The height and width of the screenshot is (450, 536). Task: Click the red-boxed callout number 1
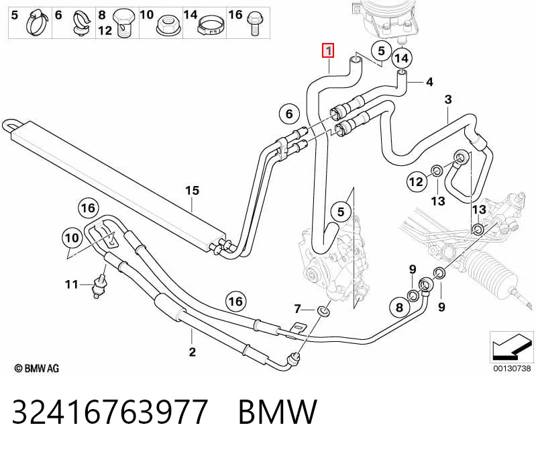pos(328,51)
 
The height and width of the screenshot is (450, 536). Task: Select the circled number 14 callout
pos(402,58)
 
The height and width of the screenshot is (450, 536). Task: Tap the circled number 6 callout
pos(289,114)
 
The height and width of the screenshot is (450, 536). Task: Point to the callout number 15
pos(192,191)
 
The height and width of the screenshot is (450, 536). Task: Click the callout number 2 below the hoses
pos(192,351)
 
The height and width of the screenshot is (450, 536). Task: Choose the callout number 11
pos(72,284)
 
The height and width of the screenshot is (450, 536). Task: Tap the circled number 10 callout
pos(72,238)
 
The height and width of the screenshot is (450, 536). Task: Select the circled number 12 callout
pos(416,181)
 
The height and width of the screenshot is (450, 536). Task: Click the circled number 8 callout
pos(400,307)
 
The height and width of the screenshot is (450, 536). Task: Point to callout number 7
pos(297,309)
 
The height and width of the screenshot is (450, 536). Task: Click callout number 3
pos(448,99)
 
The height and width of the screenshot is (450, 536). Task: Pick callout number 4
pos(429,82)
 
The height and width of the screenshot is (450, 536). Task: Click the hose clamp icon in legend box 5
pos(38,23)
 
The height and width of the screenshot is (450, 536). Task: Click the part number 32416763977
pos(110,412)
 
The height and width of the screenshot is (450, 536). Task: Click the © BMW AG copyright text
pos(37,369)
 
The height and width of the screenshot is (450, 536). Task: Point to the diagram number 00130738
pos(512,368)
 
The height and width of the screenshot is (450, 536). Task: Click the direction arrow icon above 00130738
pos(511,347)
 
